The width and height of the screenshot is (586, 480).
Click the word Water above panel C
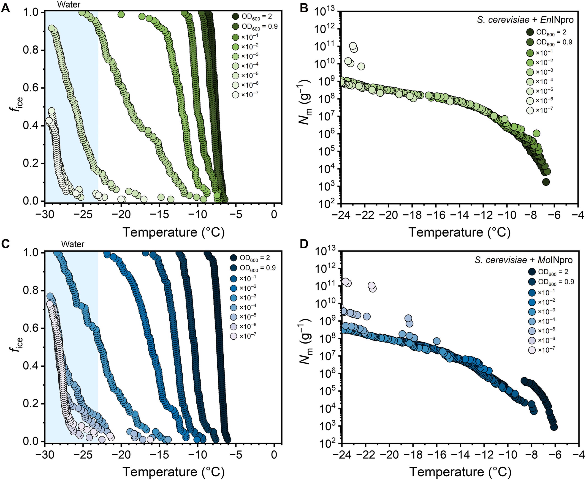pos(73,244)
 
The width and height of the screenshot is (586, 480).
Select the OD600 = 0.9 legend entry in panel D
pos(556,282)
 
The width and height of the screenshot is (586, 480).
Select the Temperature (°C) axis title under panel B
pos(459,232)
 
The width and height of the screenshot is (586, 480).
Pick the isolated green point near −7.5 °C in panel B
pos(536,133)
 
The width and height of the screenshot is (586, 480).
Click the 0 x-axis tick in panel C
pos(274,455)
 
